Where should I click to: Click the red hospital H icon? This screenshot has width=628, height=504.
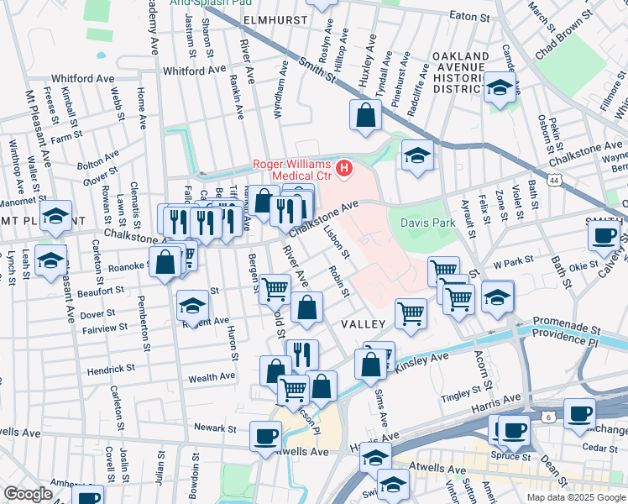click(344, 169)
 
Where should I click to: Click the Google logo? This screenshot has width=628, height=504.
click(28, 493)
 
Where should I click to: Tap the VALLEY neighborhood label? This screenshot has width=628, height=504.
click(363, 323)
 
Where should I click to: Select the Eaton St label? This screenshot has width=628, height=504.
click(469, 15)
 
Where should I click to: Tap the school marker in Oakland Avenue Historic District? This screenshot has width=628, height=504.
click(500, 87)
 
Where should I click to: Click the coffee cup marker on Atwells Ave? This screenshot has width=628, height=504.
click(267, 436)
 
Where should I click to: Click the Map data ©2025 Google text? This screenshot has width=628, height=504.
click(575, 496)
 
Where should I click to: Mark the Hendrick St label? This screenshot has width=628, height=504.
click(110, 369)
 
